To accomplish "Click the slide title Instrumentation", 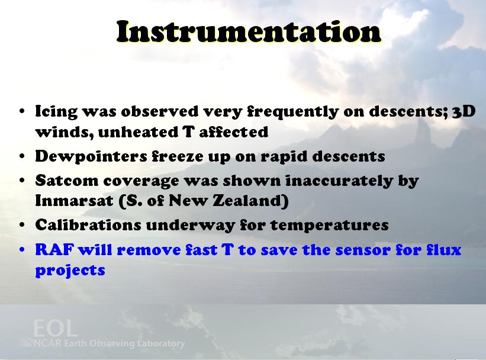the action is [249, 31].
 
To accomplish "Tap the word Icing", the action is [56, 112].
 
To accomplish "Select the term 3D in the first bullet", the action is [464, 111].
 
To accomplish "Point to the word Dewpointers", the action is [91, 156].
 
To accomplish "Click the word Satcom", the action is [67, 181].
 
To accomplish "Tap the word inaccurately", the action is [339, 181].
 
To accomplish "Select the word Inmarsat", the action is [74, 201].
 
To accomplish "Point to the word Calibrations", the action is [88, 225].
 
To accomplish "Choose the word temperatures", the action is [330, 226].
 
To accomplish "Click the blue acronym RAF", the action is [55, 250].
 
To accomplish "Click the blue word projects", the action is [70, 271].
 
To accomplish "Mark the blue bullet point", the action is [22, 250].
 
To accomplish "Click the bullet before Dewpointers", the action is [22, 156].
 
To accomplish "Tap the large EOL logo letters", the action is [55, 328].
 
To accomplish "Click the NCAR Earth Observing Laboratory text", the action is [109, 343].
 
